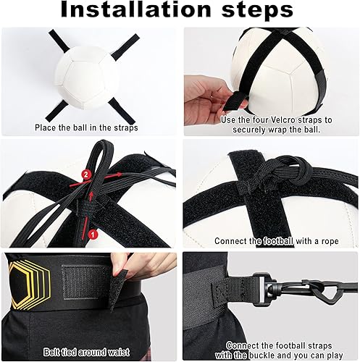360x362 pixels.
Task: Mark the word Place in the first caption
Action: [x=48, y=127]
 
